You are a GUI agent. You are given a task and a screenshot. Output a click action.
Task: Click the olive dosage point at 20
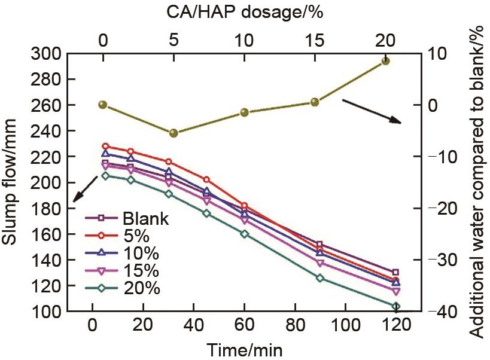tap(386, 61)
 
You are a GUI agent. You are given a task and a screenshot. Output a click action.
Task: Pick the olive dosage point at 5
tap(174, 133)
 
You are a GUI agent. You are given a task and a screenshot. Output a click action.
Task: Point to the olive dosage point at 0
tap(103, 105)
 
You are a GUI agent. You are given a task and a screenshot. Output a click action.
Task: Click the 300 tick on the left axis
tap(45, 54)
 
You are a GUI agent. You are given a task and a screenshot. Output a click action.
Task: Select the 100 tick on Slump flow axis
tap(45, 312)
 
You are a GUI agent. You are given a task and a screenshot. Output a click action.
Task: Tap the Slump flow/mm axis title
tap(11, 182)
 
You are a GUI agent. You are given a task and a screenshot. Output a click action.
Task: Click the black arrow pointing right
tap(371, 111)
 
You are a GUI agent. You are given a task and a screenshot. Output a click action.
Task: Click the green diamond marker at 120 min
tap(396, 306)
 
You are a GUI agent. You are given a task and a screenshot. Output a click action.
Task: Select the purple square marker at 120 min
tap(395, 273)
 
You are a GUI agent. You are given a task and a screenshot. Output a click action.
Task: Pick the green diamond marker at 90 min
tap(320, 278)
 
